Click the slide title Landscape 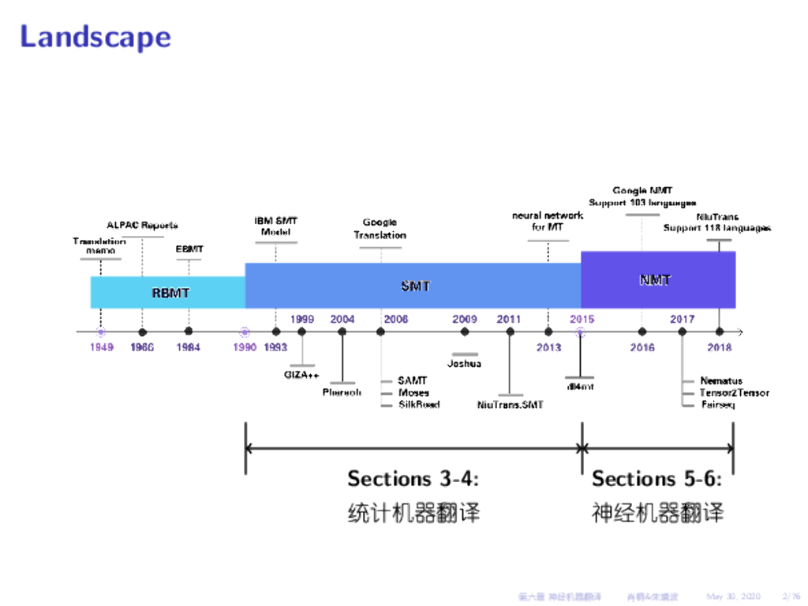pos(95,37)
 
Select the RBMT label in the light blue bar pos(170,293)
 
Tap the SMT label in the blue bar pos(415,286)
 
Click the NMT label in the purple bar pos(655,279)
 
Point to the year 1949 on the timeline pos(101,347)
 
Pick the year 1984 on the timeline pos(188,347)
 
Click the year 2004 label pos(342,320)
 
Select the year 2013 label pos(548,347)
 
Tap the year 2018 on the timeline pos(720,347)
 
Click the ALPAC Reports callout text pos(142,226)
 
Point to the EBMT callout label pos(189,249)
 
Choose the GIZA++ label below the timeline pos(301,375)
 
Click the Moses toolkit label pos(413,393)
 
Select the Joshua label pos(464,364)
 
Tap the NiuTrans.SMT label pos(511,405)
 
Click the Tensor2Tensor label pos(734,393)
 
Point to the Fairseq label pos(717,405)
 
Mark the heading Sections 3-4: pos(413,479)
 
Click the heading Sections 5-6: pos(656,479)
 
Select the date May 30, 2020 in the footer pos(733,596)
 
